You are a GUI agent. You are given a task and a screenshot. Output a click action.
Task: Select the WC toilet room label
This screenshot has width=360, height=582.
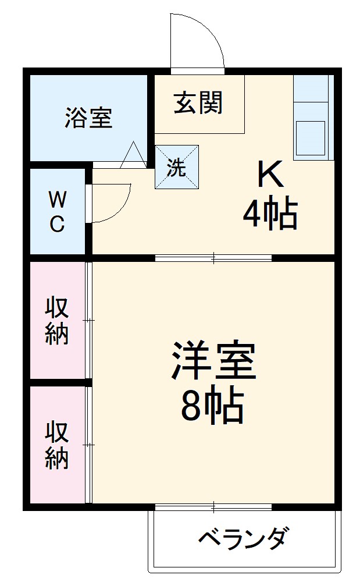coord(56,212)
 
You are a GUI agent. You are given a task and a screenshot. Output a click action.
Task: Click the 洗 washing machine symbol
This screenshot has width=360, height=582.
coord(177,166)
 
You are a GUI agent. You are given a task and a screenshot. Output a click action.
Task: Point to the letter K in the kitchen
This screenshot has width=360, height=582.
coord(270,174)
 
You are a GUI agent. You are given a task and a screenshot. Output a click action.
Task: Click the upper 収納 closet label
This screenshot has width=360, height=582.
coord(57,320)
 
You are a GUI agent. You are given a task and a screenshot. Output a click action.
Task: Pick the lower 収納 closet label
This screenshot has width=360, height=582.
coord(57,445)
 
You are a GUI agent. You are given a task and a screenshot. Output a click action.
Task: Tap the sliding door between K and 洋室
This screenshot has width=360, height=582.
coord(213,257)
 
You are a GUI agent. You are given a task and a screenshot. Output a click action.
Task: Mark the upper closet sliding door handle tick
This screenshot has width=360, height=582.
coord(89,320)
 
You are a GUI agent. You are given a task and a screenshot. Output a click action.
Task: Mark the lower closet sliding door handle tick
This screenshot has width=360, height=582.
coord(89,445)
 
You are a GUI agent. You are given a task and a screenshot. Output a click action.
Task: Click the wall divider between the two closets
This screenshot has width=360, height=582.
coord(58,382)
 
